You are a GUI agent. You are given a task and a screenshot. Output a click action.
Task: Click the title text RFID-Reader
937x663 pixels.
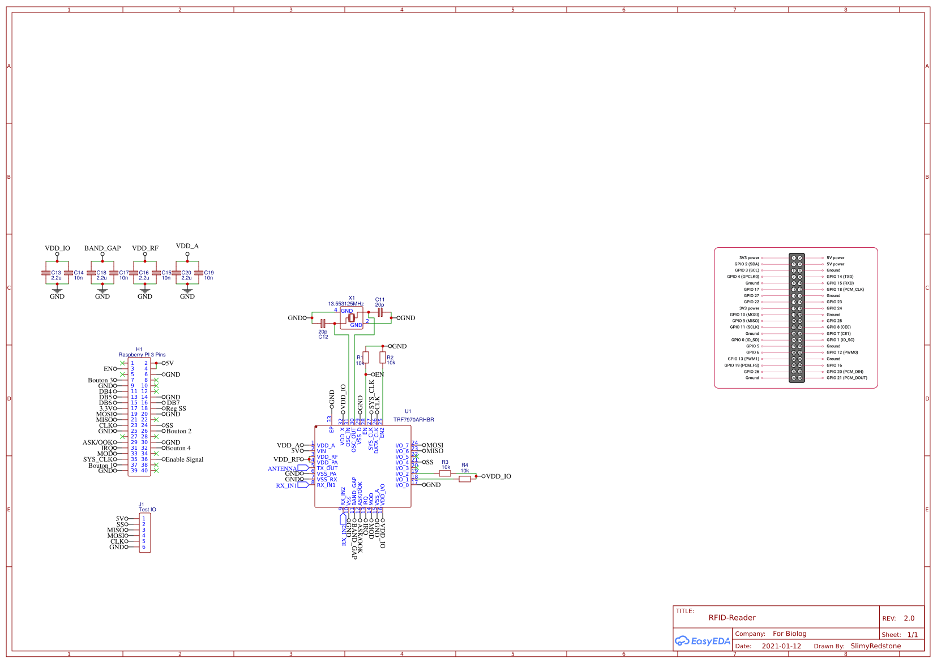pyautogui.click(x=731, y=618)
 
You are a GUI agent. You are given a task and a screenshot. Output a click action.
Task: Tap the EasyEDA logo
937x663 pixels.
pyautogui.click(x=702, y=641)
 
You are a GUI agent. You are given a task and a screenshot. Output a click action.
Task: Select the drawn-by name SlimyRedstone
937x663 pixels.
pyautogui.click(x=875, y=646)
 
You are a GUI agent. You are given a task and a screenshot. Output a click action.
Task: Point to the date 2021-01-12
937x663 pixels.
pyautogui.click(x=781, y=646)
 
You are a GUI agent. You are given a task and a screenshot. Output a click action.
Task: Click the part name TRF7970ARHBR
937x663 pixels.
pyautogui.click(x=413, y=420)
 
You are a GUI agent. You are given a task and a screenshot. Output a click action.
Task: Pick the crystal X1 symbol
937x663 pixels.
pyautogui.click(x=351, y=318)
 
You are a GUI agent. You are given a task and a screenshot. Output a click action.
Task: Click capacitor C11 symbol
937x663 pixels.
pyautogui.click(x=380, y=312)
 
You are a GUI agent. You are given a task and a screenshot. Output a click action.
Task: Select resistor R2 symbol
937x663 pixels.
pyautogui.click(x=383, y=358)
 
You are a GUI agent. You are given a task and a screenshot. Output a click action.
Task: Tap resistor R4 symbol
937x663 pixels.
pyautogui.click(x=465, y=479)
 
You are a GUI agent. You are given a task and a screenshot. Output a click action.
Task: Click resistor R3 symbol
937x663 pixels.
pyautogui.click(x=445, y=473)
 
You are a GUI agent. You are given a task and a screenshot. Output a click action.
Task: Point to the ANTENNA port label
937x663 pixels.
pyautogui.click(x=283, y=468)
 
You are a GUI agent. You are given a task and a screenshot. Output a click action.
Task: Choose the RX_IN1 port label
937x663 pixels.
pyautogui.click(x=286, y=485)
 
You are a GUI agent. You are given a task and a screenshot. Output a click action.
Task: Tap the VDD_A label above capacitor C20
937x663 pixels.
pyautogui.click(x=187, y=246)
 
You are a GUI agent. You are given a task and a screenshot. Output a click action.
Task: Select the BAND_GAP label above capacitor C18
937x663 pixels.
pyautogui.click(x=102, y=248)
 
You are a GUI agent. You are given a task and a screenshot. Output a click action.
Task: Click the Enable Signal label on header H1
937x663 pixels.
pyautogui.click(x=184, y=459)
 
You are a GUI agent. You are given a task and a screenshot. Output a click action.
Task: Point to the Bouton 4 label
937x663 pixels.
pyautogui.click(x=178, y=448)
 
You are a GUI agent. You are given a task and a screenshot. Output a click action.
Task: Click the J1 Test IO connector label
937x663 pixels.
pyautogui.click(x=147, y=510)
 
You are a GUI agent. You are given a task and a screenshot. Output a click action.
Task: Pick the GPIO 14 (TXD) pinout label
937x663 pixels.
pyautogui.click(x=840, y=277)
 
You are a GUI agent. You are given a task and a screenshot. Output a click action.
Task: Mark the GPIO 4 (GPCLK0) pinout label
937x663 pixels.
pyautogui.click(x=743, y=277)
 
